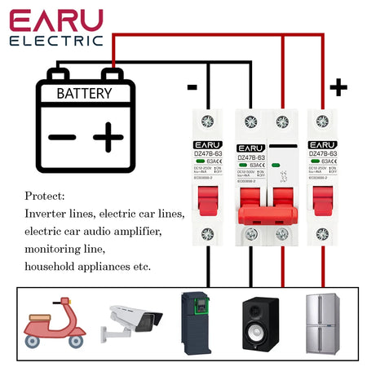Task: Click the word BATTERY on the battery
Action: pos(84,93)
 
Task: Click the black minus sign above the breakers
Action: pos(192,86)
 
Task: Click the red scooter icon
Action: pos(55,324)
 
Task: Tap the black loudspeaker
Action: pos(260,324)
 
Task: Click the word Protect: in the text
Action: pos(45,197)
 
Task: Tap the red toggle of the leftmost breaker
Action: pos(210,199)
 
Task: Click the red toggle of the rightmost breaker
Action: pos(322,199)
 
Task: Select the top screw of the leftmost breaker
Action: pos(207,121)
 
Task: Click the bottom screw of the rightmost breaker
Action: pos(322,234)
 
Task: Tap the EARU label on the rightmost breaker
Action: pos(322,144)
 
